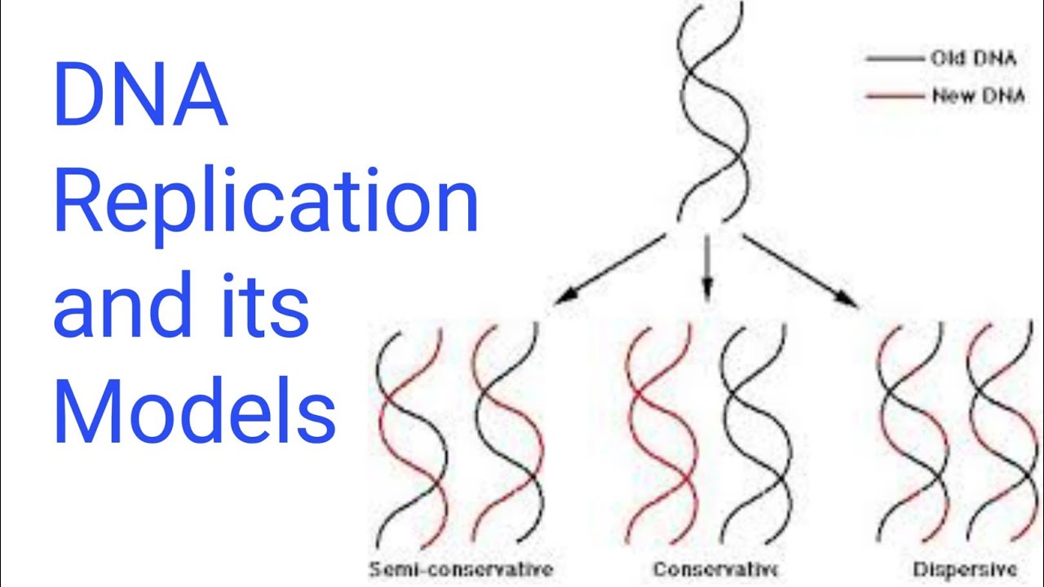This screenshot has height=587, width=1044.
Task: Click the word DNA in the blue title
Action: pos(139,99)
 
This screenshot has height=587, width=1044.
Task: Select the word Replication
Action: pos(265,206)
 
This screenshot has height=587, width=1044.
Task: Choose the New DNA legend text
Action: pos(978,97)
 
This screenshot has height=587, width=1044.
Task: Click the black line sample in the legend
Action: pos(894,59)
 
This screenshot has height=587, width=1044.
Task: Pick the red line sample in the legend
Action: pos(894,97)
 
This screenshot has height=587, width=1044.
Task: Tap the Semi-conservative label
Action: pos(461,568)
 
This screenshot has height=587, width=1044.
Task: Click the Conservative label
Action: pos(714,568)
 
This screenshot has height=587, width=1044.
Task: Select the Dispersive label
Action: pos(965,568)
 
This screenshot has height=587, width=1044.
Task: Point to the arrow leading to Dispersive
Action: pos(800,270)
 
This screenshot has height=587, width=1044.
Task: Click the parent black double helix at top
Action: pos(712,110)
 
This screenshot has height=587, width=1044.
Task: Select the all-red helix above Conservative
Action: pos(661,432)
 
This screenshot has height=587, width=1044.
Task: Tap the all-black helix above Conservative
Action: pos(754,432)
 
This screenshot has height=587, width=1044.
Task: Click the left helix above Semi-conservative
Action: pos(411,432)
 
